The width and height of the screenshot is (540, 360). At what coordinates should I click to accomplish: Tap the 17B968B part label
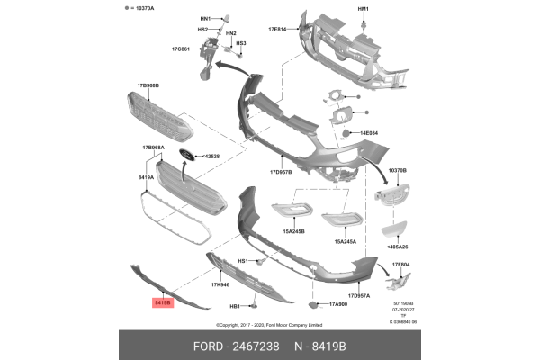[x=148, y=85]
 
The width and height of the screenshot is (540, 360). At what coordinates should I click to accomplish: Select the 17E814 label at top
[x=276, y=29]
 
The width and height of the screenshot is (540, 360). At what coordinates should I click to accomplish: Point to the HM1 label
[x=364, y=8]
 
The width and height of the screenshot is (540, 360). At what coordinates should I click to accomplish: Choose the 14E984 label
[x=369, y=133]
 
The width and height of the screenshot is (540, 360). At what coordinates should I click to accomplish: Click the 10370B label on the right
[x=398, y=169]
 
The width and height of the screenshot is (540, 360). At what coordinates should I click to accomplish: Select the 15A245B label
[x=293, y=231]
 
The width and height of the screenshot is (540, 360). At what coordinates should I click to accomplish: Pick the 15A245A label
[x=346, y=241]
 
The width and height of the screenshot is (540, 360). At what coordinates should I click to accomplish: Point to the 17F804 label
[x=400, y=264]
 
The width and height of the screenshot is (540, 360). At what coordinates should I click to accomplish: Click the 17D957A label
[x=358, y=295]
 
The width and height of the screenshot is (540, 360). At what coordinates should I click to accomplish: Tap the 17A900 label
[x=338, y=304]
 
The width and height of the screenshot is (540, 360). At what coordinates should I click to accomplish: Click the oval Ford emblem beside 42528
[x=186, y=155]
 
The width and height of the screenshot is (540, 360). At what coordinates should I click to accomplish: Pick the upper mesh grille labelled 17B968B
[x=157, y=116]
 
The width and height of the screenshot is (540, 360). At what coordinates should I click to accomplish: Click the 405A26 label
[x=397, y=246]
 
